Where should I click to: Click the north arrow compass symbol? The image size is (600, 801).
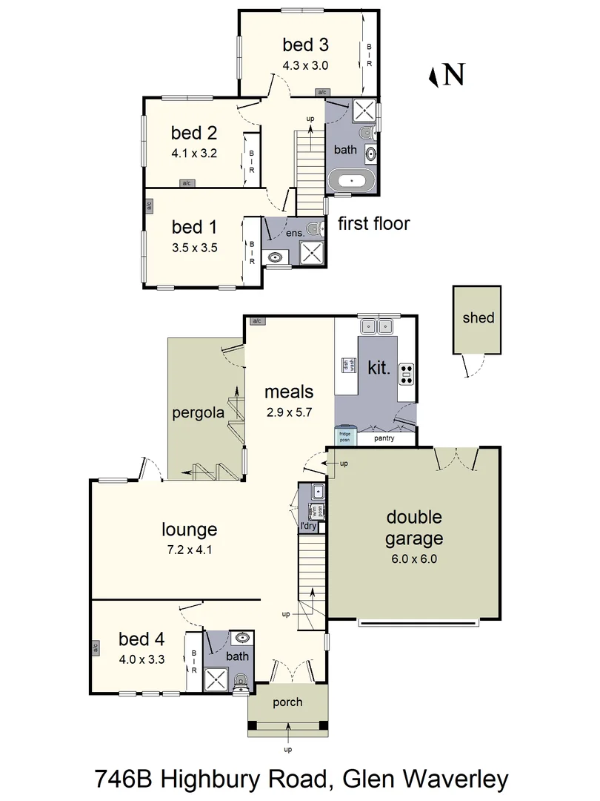[447, 74]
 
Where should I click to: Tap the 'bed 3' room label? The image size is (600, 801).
[304, 44]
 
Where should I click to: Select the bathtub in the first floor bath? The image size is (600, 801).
[352, 180]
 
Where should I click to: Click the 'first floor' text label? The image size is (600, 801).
[373, 223]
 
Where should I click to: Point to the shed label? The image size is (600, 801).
[478, 317]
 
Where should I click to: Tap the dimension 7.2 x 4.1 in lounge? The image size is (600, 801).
[190, 550]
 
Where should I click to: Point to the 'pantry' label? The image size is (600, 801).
[384, 438]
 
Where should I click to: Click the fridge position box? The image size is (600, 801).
[344, 436]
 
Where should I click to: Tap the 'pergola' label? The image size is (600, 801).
[198, 412]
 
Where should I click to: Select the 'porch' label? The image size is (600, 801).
[287, 702]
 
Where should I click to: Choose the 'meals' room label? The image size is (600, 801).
[289, 392]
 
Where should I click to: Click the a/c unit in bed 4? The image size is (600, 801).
[95, 647]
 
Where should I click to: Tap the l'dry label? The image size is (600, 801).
[308, 526]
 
